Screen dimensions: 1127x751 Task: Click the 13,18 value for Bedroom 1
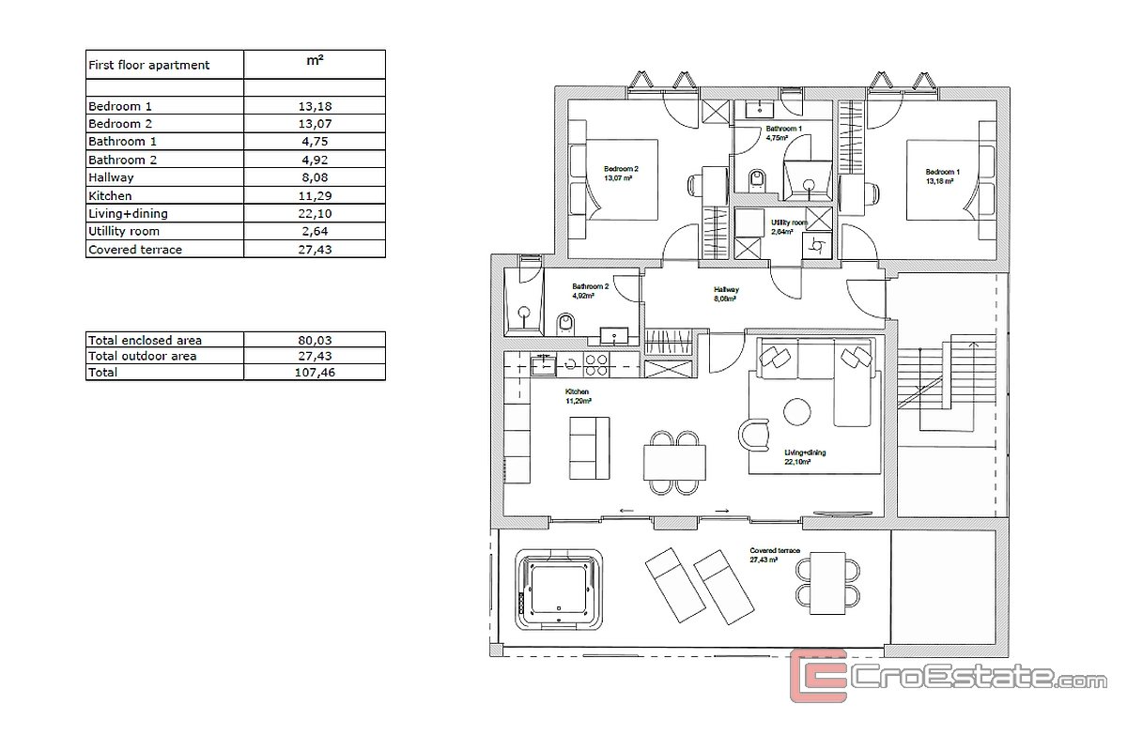(315, 106)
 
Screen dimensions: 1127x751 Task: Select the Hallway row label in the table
(111, 177)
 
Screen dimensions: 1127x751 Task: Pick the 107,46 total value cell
(315, 373)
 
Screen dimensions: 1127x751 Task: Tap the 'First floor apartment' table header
(149, 65)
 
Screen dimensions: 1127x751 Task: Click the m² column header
(315, 60)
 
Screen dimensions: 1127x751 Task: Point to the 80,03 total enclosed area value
(315, 340)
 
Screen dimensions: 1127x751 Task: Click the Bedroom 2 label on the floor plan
(622, 169)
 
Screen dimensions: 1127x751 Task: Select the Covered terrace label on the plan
(775, 550)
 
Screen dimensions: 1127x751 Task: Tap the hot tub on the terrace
(559, 589)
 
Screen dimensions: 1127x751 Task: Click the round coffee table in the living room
(797, 412)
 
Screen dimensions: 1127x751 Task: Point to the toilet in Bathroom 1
(757, 180)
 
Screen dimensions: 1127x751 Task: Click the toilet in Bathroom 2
(565, 324)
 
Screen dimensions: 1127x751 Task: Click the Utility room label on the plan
(789, 222)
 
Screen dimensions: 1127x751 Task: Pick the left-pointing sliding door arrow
(626, 511)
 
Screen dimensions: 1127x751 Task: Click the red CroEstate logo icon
(819, 676)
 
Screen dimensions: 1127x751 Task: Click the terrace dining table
(827, 584)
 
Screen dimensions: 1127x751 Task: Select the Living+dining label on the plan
(805, 452)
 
